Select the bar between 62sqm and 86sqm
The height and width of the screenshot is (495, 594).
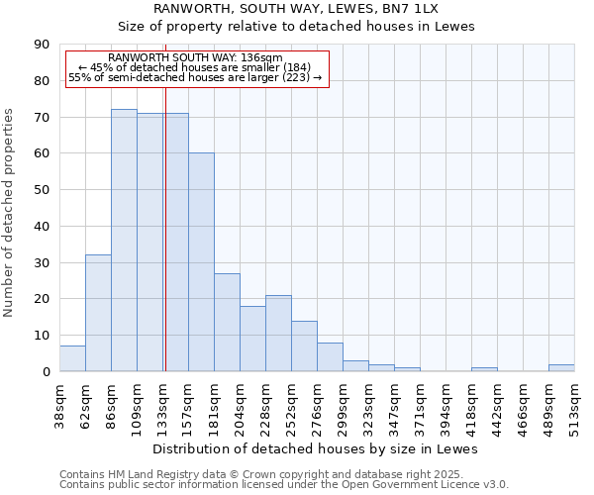(x=98, y=313)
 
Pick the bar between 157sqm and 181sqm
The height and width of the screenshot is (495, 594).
(x=201, y=262)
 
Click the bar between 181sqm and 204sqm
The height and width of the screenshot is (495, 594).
(x=227, y=322)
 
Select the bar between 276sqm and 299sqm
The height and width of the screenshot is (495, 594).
(x=330, y=356)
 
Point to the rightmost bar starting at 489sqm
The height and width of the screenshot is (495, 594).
(x=561, y=367)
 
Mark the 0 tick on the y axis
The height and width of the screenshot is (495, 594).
(x=46, y=371)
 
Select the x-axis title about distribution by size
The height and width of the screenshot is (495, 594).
(x=317, y=448)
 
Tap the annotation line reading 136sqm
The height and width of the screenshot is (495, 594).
(x=195, y=58)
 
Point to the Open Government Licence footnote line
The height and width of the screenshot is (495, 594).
(x=284, y=485)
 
